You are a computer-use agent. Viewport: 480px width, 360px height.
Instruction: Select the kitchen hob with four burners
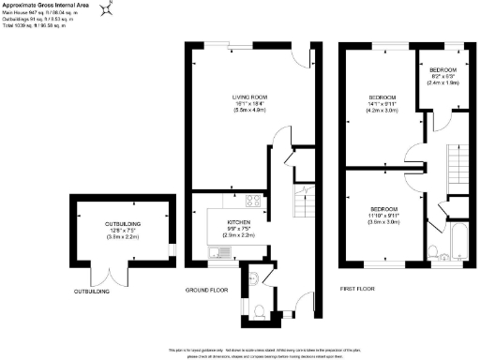[253, 200]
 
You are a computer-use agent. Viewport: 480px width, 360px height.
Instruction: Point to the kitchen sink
[218, 251]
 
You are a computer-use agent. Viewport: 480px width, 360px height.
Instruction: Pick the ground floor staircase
[301, 202]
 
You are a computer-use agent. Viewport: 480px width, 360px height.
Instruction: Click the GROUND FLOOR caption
[207, 291]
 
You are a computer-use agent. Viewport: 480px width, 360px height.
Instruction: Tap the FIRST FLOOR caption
[358, 290]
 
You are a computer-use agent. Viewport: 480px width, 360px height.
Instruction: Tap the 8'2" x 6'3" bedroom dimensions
[443, 78]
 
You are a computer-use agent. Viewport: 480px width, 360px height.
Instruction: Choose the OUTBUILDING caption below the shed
[92, 292]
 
